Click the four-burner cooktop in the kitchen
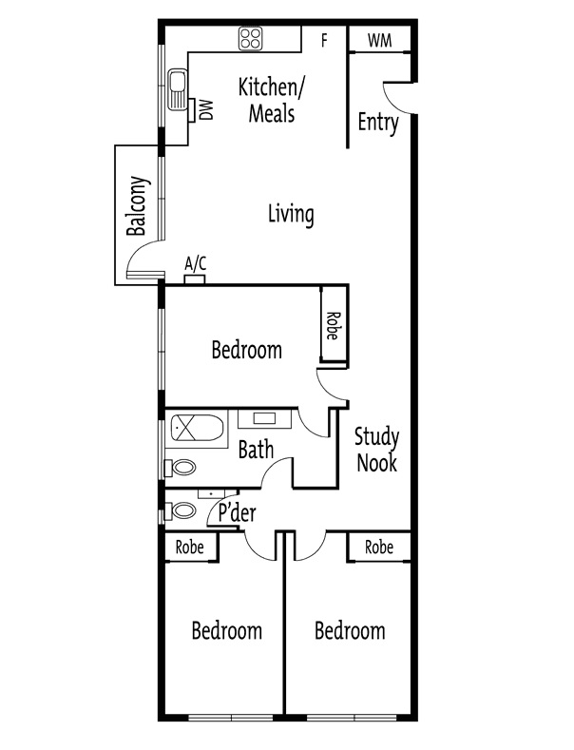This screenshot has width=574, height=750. coord(251,38)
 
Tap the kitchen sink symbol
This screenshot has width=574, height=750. coord(178,93)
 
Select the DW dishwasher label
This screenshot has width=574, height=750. coord(206,110)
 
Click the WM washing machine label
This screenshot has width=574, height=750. coord(379,39)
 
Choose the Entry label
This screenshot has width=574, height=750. coord(377,123)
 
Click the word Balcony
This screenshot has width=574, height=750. coord(138,206)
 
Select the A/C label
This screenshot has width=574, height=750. coord(195,263)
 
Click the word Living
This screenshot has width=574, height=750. coord(290,214)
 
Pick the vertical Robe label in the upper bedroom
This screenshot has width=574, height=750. coord(333,326)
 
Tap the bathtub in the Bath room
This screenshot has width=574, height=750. coord(198,432)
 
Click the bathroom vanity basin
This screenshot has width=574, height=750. coord(262,418)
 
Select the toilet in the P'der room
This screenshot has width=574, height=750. coord(182,511)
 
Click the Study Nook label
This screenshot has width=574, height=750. coord(375,451)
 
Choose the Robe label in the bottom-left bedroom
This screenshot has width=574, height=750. coord(190,548)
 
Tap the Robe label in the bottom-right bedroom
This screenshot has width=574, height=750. coord(379,548)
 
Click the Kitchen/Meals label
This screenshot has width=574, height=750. coord(271,101)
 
